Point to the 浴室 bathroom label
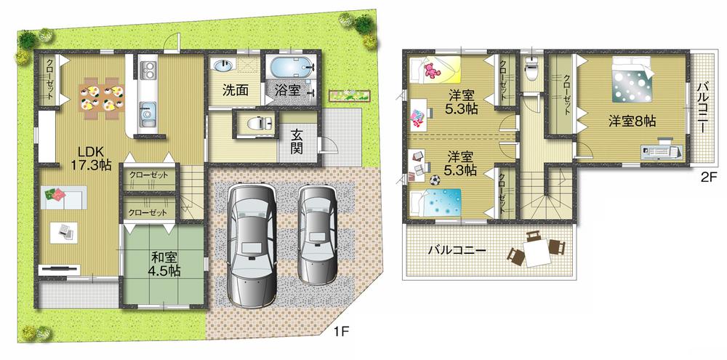pos(286,90)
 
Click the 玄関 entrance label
pos(297,141)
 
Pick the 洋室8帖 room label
pos(632,121)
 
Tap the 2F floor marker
pos(710,177)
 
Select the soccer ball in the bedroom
pos(435,180)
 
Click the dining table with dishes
pos(101,97)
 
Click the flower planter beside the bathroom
pos(350,95)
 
